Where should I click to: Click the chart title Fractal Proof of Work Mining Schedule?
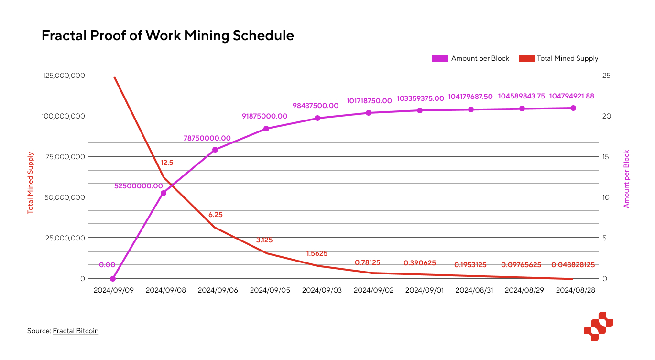point(167,36)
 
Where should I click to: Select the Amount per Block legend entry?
point(470,58)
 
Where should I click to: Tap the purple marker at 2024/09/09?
point(113,279)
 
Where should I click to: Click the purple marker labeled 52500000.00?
point(164,193)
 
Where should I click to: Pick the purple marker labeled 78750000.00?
point(215,150)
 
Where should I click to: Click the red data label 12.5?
point(167,163)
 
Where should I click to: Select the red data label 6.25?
point(216,215)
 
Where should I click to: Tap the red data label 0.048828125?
point(573,264)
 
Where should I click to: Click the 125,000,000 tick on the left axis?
point(64,76)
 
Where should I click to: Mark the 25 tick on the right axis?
point(606,76)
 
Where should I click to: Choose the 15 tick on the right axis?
point(606,157)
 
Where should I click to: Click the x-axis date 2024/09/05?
point(270,290)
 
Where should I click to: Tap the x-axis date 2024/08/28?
point(576,290)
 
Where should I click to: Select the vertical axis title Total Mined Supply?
point(30,183)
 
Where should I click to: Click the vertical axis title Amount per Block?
point(626,179)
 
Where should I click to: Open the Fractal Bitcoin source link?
point(76,331)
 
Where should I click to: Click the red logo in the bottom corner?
point(598,327)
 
